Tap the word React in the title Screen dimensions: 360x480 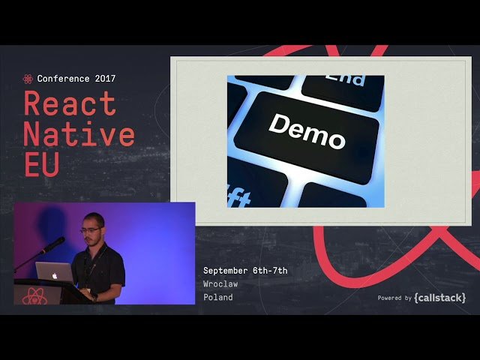pos(70,103)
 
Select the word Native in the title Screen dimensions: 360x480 pos(79,134)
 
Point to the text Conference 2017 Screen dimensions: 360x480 pos(76,79)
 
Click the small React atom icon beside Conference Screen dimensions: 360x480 pos(28,79)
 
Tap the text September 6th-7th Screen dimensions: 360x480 pos(245,271)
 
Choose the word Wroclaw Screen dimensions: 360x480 pos(222,284)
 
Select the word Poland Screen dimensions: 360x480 pos(218,298)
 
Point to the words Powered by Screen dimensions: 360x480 pos(394,298)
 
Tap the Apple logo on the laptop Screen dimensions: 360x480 pos(55,275)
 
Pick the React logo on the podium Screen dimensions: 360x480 pos(33,298)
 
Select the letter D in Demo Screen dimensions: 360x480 pos(277,124)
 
